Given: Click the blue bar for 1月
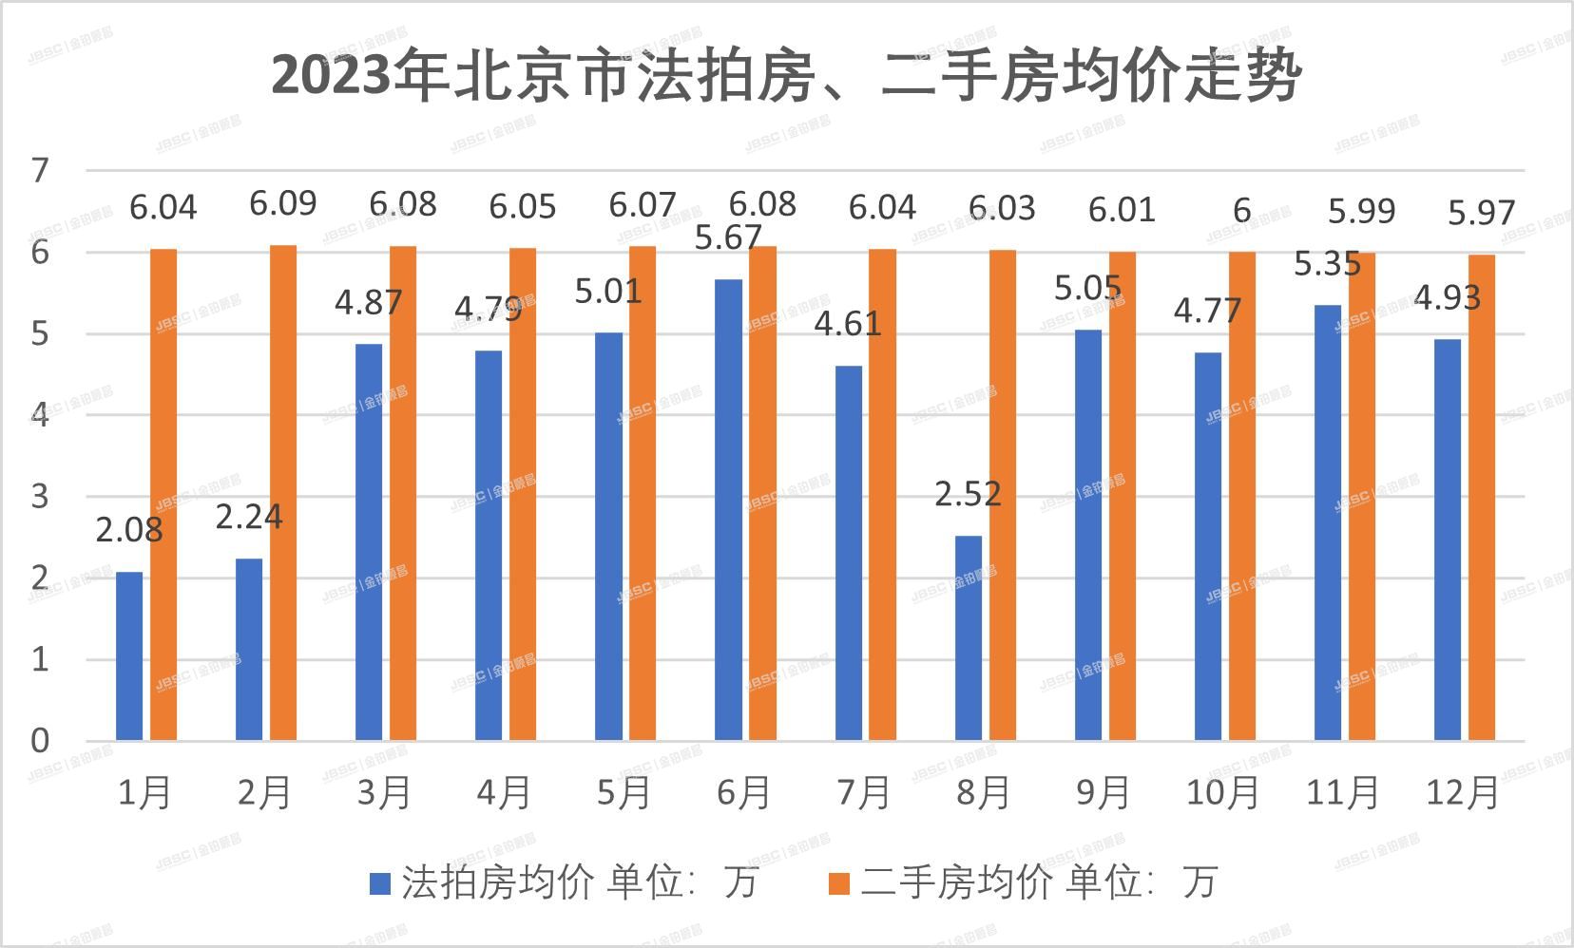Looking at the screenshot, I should click(129, 655).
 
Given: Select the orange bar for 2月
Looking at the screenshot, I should click(283, 493).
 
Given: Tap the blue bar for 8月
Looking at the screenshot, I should click(969, 638).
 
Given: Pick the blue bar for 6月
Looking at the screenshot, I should click(728, 510).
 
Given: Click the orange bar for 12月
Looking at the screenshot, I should click(1481, 498).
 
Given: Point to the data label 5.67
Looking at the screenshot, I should click(728, 237).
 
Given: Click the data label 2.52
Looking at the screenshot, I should click(968, 494).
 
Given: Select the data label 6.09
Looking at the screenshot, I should click(283, 203).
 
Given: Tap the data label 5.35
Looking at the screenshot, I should click(1327, 264).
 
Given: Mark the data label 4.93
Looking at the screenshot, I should click(1447, 298).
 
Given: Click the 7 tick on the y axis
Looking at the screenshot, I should click(40, 171).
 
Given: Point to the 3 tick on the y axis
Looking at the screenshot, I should click(40, 497).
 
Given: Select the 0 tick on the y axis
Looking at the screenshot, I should click(40, 741).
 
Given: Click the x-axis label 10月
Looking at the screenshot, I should click(1222, 792).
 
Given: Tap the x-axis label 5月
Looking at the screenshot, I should click(624, 792).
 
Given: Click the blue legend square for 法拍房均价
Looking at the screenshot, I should click(380, 883).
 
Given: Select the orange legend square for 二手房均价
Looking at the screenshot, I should click(838, 883).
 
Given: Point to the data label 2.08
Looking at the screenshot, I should click(129, 530).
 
